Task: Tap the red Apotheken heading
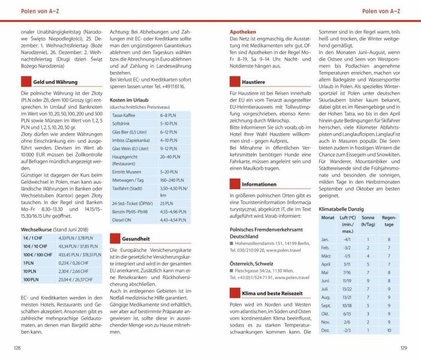pyautogui.click(x=243, y=31)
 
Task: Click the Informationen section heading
pyautogui.click(x=259, y=184)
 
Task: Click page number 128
pyautogui.click(x=17, y=349)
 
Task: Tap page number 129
pyautogui.click(x=403, y=349)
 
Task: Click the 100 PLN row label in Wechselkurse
pyautogui.click(x=29, y=280)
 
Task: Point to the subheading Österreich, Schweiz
pyautogui.click(x=254, y=264)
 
